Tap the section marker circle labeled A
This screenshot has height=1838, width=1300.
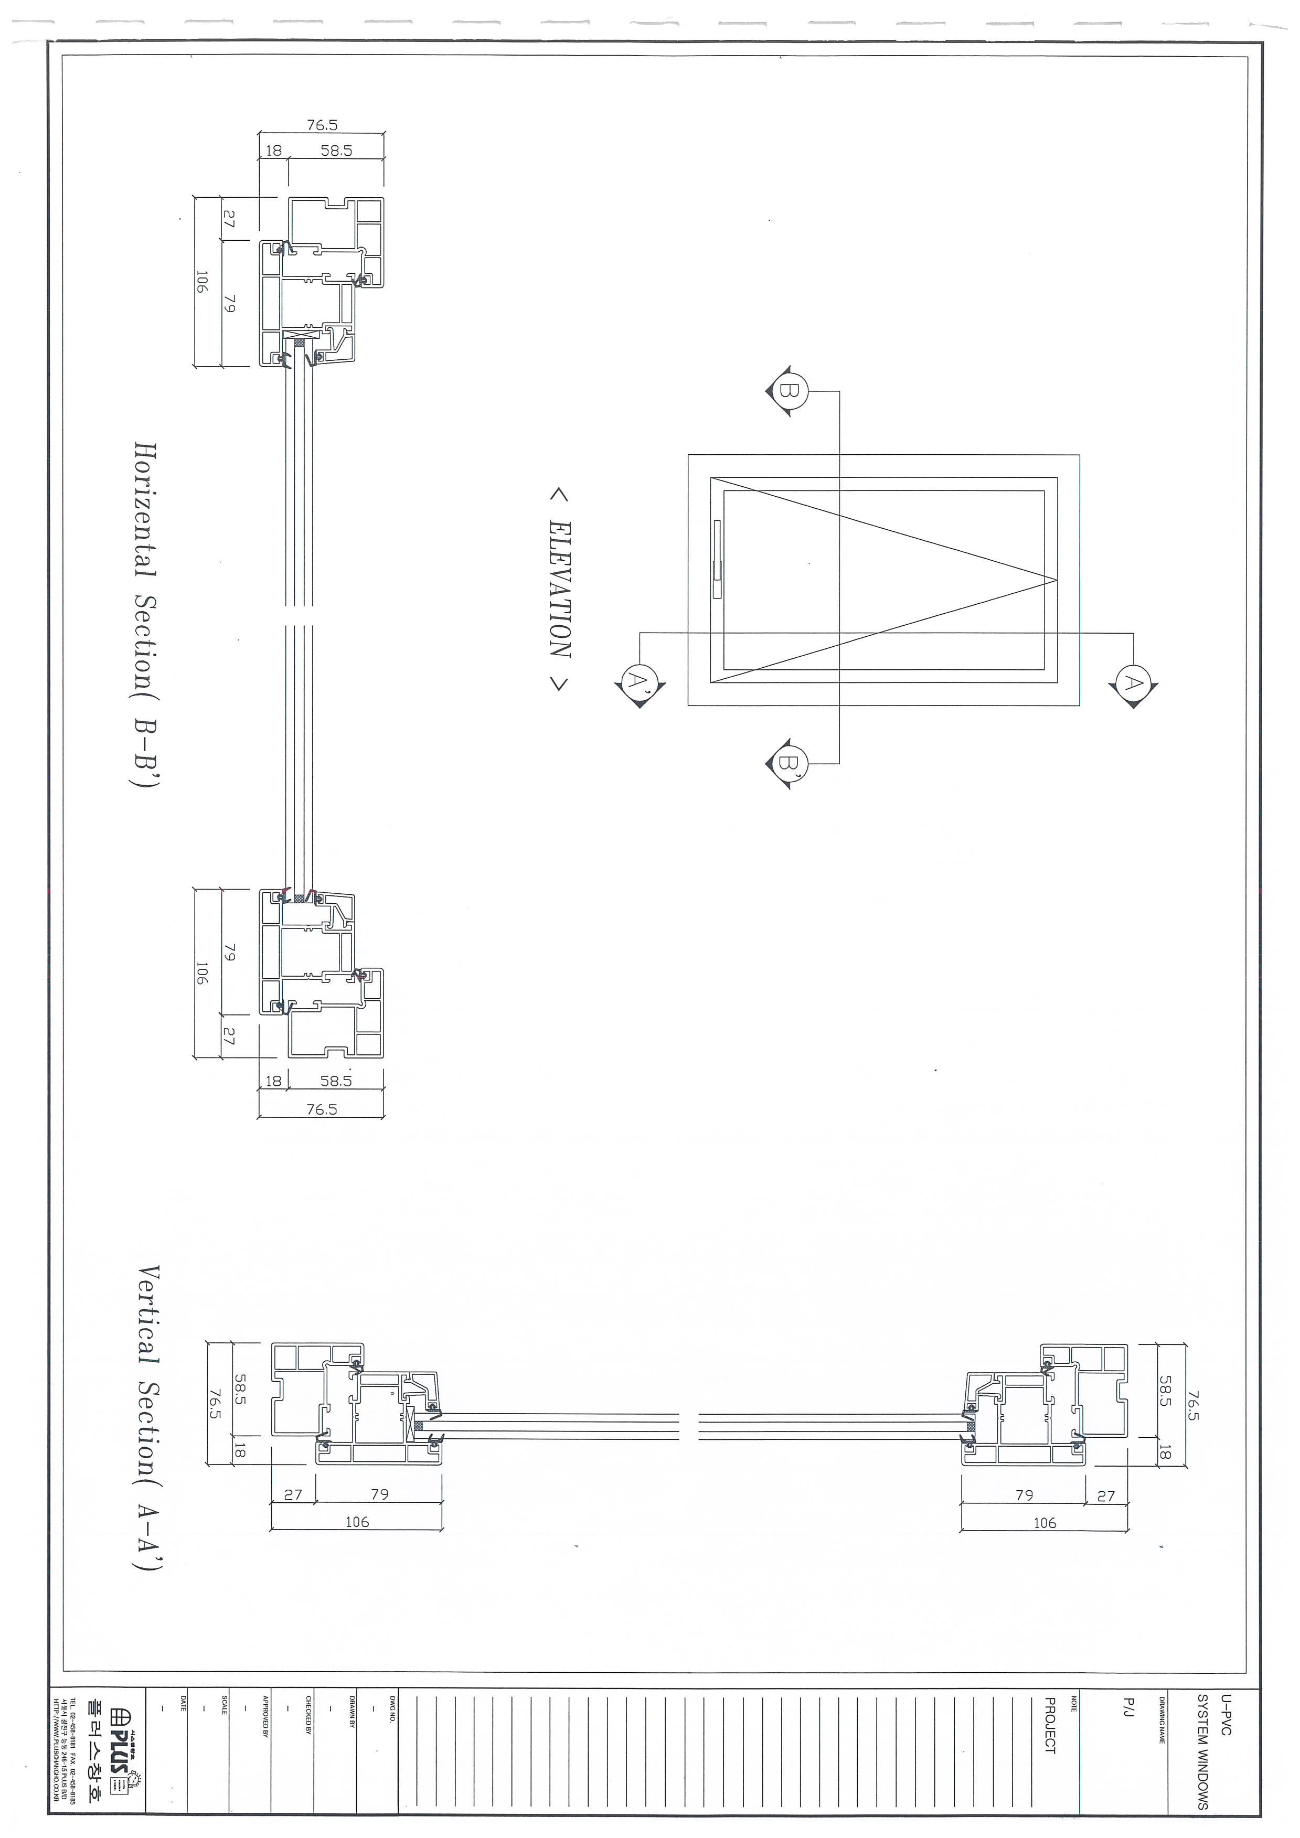(1133, 683)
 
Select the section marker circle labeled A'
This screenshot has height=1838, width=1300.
(638, 683)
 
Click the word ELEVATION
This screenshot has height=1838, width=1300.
(559, 589)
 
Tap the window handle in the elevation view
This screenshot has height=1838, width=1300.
(717, 559)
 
